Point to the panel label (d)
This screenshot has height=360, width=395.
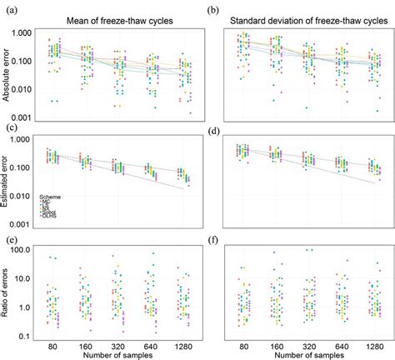pos(212,129)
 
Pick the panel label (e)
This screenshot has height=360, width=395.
pos(10,240)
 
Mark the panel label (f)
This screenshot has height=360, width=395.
pos(212,240)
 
